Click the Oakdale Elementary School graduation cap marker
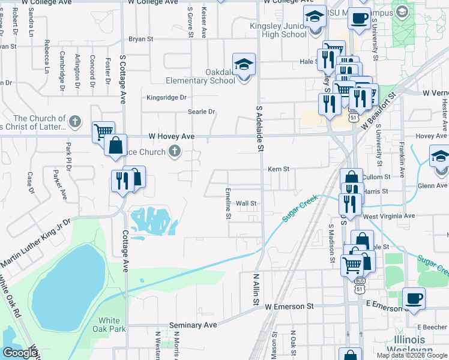244,65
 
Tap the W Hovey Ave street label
172,136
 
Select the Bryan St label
141,39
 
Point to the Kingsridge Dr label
167,97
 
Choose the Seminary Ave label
193,325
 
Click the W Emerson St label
289,306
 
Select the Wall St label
246,203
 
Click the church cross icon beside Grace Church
175,151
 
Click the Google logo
19,353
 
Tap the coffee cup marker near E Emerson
413,299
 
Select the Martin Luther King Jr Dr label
35,244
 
